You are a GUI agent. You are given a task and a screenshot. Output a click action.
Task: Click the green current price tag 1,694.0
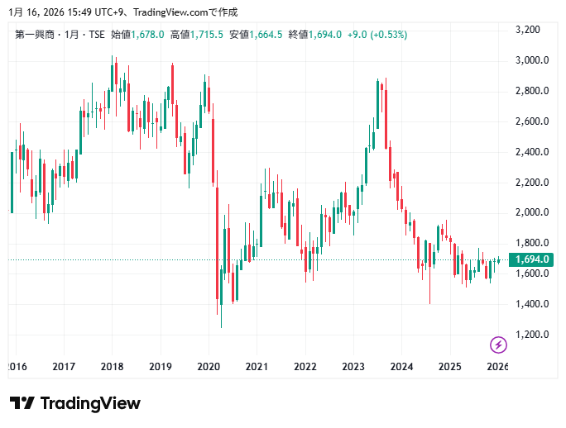(532, 259)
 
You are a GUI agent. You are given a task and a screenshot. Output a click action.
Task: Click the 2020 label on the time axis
(209, 366)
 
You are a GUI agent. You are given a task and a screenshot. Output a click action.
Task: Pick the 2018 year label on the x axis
(112, 366)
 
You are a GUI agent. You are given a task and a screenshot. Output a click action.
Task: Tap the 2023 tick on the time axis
(353, 366)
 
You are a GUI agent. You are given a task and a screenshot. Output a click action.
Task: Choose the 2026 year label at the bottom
(497, 366)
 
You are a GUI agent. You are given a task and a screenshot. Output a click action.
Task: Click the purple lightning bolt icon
(498, 344)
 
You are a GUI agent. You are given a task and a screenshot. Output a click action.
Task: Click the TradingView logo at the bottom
(75, 403)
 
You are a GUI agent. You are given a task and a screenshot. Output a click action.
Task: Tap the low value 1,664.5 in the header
(267, 35)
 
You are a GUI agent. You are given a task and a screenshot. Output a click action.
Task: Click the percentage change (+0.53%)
(388, 35)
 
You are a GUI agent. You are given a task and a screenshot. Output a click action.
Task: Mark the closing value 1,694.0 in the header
(326, 35)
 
